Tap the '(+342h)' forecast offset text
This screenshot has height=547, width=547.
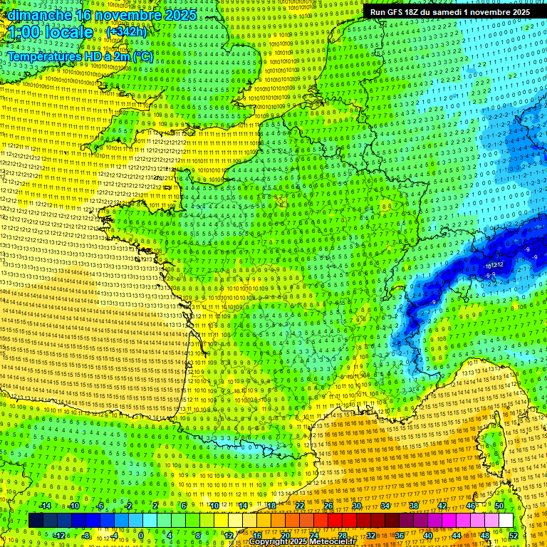126,32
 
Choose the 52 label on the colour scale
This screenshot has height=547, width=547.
514,536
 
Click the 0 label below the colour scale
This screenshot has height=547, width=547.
141,536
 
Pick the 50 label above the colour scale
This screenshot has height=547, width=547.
499,506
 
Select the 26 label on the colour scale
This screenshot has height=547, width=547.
328,506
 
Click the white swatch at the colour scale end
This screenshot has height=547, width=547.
506,521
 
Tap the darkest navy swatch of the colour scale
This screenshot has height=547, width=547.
36,521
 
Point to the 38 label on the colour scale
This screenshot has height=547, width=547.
414,506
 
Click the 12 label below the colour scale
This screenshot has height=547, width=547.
228,536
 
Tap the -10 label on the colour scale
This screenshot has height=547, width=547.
73,506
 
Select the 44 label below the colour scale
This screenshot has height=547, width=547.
456,536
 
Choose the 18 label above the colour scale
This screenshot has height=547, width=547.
271,506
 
